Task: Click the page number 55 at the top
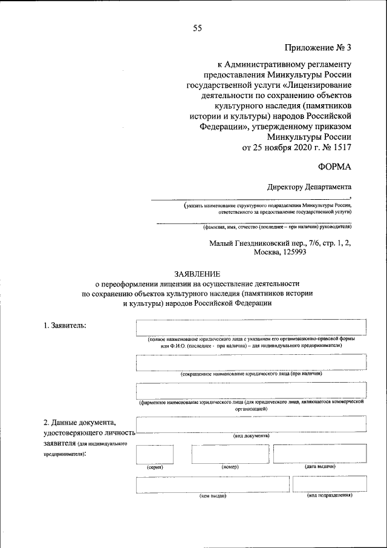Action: point(197,27)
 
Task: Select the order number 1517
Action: point(341,146)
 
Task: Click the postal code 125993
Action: point(289,253)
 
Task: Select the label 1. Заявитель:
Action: point(65,326)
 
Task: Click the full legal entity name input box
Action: point(251,327)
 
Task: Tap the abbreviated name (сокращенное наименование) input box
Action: point(251,362)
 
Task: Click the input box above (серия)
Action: point(155,454)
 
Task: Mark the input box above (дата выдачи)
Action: point(320,454)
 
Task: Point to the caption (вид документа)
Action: point(251,436)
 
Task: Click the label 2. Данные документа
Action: point(79,422)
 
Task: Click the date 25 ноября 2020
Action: point(282,146)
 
